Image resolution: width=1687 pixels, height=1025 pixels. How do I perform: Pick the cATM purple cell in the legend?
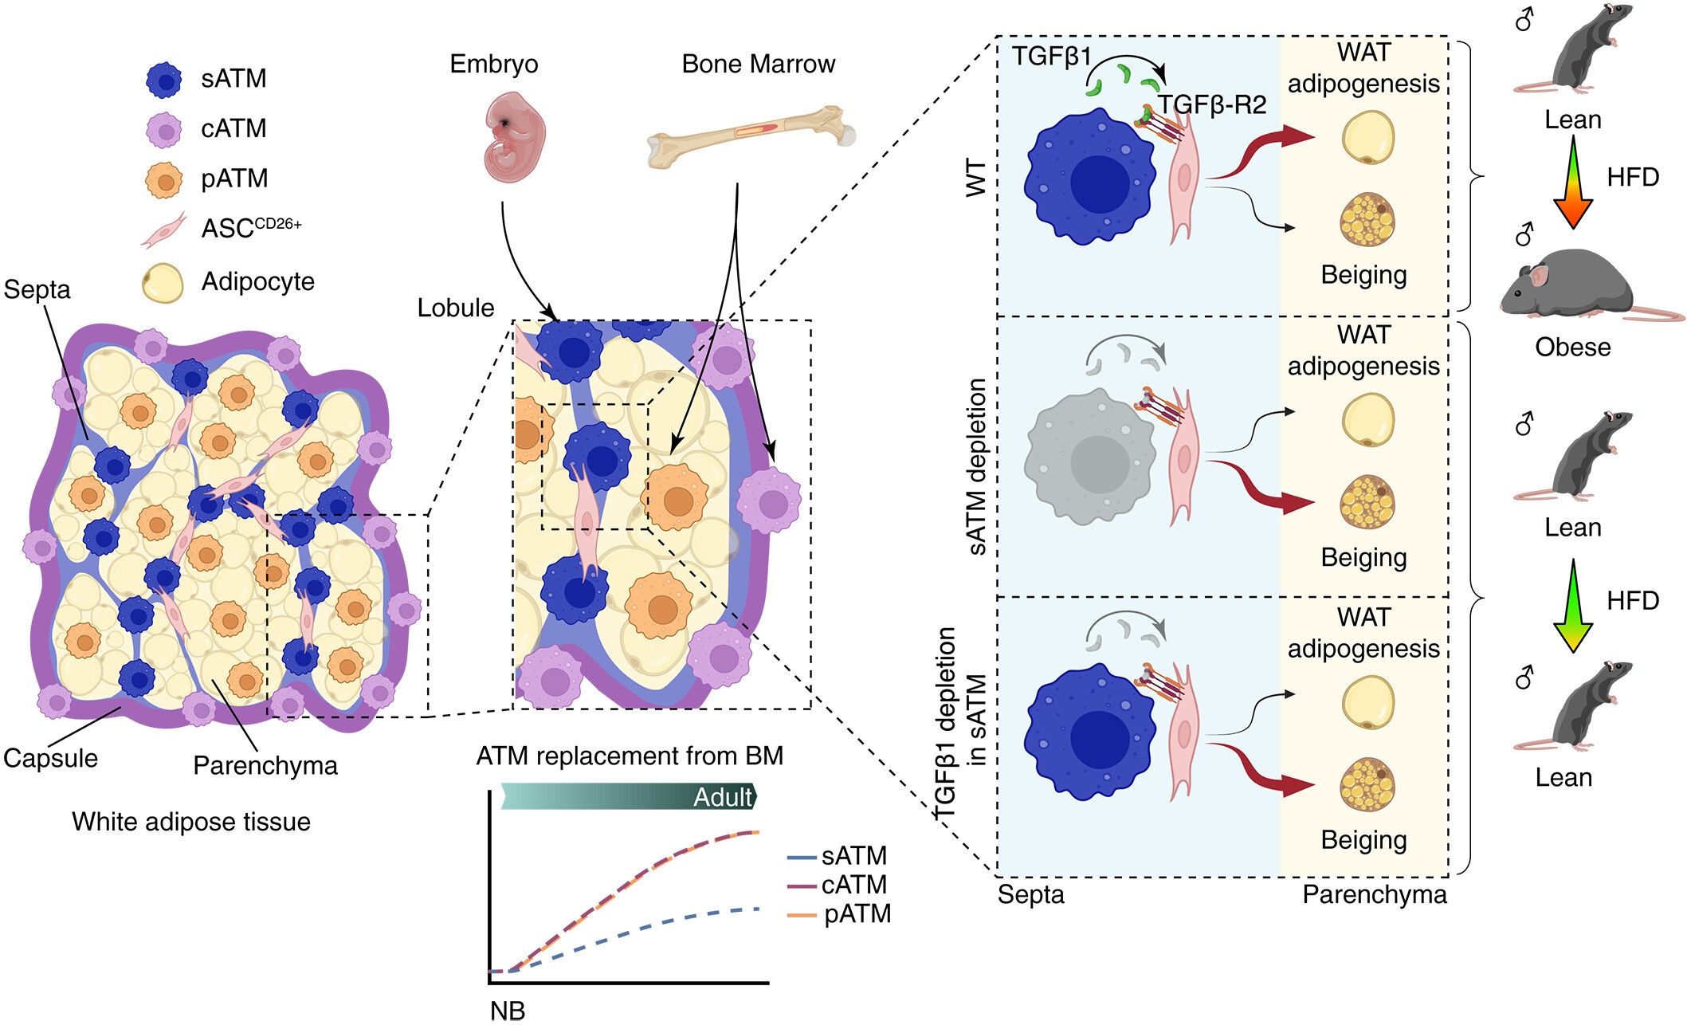[165, 130]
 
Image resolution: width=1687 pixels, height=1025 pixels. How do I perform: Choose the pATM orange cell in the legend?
[165, 180]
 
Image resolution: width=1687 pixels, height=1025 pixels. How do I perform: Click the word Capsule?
[50, 758]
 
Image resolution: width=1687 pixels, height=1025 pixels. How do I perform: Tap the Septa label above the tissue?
[37, 289]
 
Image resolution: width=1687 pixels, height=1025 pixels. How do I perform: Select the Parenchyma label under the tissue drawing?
[265, 765]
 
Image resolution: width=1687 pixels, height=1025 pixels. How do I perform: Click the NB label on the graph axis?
[508, 1011]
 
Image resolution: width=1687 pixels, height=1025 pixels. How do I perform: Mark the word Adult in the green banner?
[722, 797]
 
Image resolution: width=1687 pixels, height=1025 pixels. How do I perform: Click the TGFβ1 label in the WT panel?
[1051, 57]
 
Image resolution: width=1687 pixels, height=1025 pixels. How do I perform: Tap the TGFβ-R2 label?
[1212, 104]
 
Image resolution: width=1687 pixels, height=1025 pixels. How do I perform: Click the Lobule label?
[456, 308]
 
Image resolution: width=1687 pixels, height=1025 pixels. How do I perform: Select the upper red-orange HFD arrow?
[1573, 182]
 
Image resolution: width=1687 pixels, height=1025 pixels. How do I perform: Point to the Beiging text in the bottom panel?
[1363, 839]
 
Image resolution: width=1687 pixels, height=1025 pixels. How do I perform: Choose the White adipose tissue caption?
[191, 822]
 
